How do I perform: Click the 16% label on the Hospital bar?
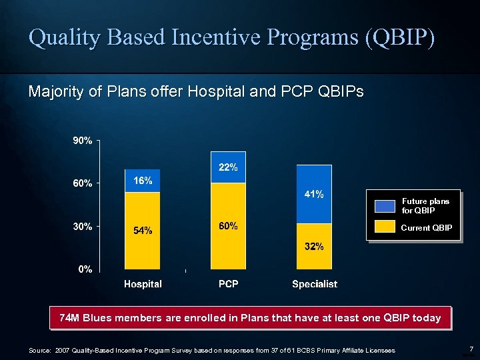pyautogui.click(x=143, y=181)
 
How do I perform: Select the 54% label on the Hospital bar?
pyautogui.click(x=143, y=231)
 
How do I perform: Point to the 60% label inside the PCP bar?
pyautogui.click(x=228, y=226)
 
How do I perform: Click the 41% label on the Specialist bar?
pyautogui.click(x=314, y=195)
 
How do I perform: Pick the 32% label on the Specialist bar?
pyautogui.click(x=314, y=247)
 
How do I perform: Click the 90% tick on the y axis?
pyautogui.click(x=83, y=141)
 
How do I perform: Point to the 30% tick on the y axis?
pyautogui.click(x=83, y=227)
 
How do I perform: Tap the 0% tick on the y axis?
pyautogui.click(x=85, y=269)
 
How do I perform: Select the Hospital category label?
pyautogui.click(x=143, y=284)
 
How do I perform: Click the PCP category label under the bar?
pyautogui.click(x=228, y=284)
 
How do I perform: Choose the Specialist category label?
pyautogui.click(x=315, y=284)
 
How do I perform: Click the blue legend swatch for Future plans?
pyautogui.click(x=384, y=205)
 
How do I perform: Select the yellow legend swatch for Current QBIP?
pyautogui.click(x=384, y=227)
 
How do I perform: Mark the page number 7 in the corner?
pyautogui.click(x=471, y=349)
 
